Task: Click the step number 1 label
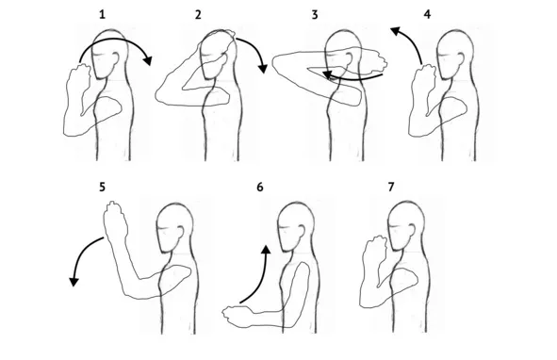[x=103, y=14]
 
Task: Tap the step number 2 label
[x=198, y=14]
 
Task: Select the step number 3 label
[x=315, y=14]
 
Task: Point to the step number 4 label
[x=427, y=14]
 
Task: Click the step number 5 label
[x=103, y=187]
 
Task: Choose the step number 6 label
[x=260, y=187]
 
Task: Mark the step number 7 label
[x=391, y=187]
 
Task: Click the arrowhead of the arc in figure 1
[x=148, y=60]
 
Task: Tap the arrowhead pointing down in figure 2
[x=263, y=68]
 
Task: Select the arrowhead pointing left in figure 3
[x=327, y=75]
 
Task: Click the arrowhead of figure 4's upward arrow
[x=396, y=31]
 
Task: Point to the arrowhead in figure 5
[x=74, y=282]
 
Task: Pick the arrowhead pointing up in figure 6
[x=266, y=249]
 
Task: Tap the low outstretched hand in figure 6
[x=238, y=316]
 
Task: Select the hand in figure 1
[x=79, y=79]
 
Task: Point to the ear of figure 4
[x=460, y=59]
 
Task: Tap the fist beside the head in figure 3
[x=377, y=61]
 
